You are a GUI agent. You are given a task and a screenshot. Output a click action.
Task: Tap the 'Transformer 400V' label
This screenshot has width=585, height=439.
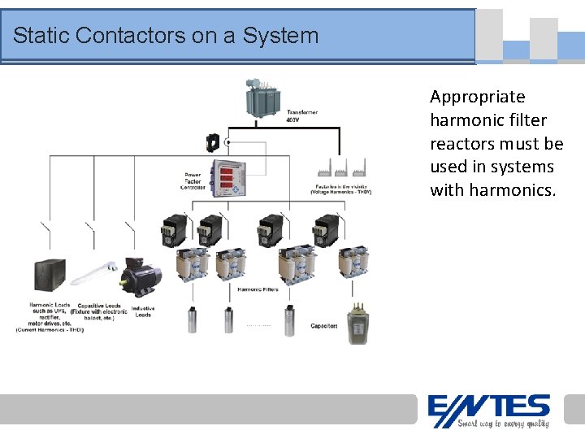point(301,116)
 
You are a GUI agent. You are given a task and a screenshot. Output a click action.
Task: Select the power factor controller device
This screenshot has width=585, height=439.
point(229,179)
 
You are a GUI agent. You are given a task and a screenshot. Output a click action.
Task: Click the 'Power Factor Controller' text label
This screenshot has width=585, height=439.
point(193,180)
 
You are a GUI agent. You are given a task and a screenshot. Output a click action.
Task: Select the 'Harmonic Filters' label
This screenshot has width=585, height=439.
point(258,289)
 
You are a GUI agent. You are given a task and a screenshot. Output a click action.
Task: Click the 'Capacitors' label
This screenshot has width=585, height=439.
point(324,326)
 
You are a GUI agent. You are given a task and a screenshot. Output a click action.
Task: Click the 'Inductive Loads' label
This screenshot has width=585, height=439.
point(143,311)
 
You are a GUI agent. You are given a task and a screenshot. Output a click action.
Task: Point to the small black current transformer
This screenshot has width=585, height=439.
point(214,143)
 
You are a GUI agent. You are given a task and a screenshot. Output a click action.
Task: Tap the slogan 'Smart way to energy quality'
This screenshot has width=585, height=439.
point(503,423)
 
